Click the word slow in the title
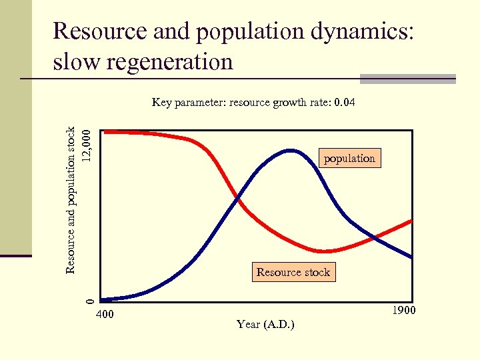(x=75, y=61)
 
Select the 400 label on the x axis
(x=105, y=314)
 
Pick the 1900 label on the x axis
(x=404, y=311)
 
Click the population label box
(x=349, y=158)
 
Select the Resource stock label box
(x=293, y=272)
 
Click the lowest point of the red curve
(x=323, y=251)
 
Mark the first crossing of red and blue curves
(x=237, y=198)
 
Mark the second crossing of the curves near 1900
(x=375, y=237)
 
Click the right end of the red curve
(x=411, y=221)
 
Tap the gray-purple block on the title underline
(x=407, y=79)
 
